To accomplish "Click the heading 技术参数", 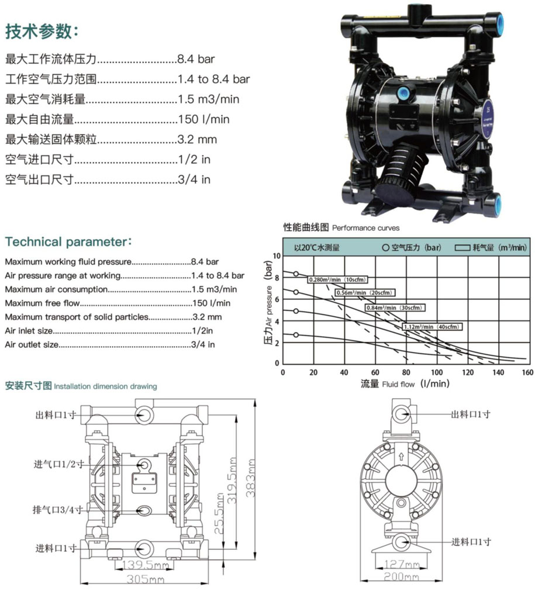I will (41, 32).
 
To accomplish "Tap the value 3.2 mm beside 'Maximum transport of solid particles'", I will (207, 317).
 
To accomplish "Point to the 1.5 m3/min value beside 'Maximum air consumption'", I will (214, 289).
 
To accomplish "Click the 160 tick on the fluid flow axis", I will (527, 372).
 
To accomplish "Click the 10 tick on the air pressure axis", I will (277, 256).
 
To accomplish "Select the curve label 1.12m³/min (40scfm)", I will (433, 326).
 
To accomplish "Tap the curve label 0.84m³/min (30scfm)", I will (394, 307).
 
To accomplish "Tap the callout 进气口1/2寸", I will (58, 464).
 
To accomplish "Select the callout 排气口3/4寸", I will (58, 510).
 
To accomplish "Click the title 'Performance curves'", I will (366, 228).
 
